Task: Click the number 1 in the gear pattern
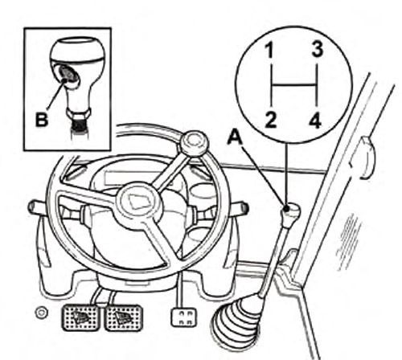[269, 51]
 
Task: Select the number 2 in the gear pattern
[271, 120]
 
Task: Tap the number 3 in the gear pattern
[318, 50]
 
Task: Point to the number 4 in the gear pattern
[315, 120]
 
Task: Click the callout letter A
[235, 137]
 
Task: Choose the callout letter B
[42, 119]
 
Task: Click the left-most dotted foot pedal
[80, 317]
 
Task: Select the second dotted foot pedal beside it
[123, 317]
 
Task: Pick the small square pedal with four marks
[183, 317]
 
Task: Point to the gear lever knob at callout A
[290, 213]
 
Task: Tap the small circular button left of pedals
[42, 313]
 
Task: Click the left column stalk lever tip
[33, 207]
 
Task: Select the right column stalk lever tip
[243, 208]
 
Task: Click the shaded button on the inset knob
[68, 74]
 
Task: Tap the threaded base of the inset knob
[79, 125]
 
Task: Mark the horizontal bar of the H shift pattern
[294, 85]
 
